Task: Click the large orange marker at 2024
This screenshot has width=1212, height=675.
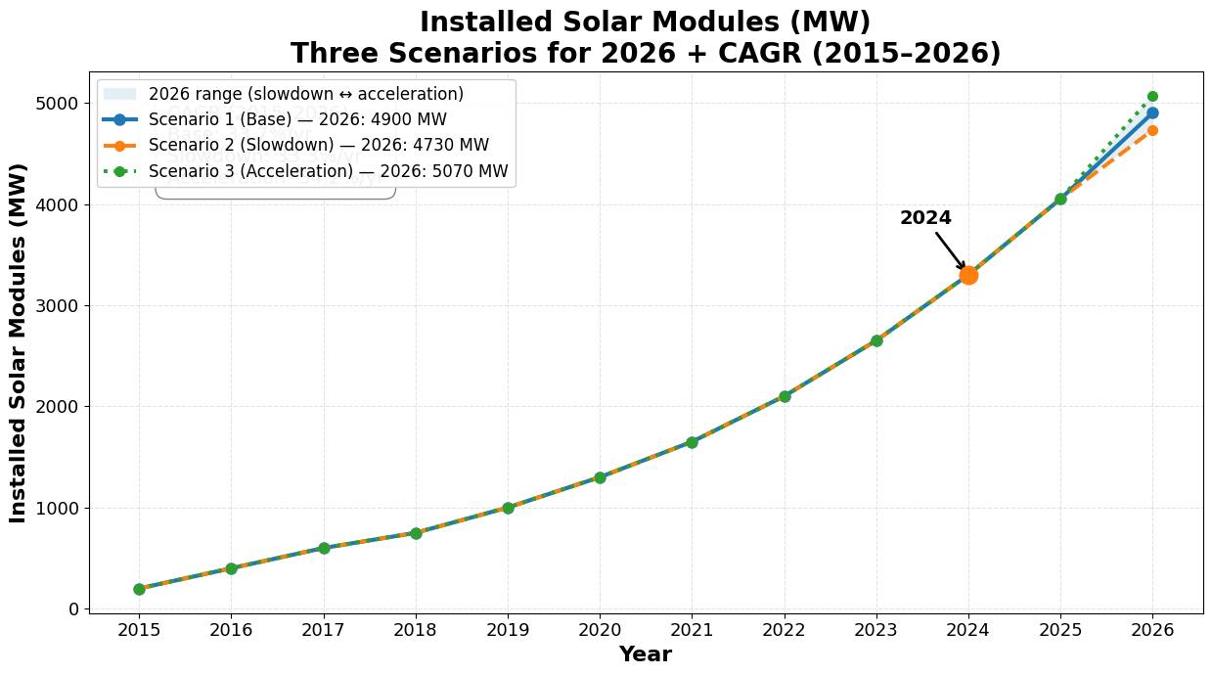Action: point(968,276)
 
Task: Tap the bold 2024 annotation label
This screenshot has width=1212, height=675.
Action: point(925,218)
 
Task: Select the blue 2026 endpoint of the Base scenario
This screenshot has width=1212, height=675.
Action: point(1152,112)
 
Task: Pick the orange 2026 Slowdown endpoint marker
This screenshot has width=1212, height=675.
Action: point(1152,130)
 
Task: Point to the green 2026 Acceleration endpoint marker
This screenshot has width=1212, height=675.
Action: point(1152,96)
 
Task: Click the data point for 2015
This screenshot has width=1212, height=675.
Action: point(139,589)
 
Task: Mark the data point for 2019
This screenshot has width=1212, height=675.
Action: point(508,508)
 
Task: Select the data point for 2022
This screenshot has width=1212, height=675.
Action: point(785,396)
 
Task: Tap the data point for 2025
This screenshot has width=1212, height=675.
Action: point(1060,199)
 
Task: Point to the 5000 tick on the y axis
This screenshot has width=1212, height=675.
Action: point(62,104)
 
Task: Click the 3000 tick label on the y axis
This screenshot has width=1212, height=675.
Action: point(62,306)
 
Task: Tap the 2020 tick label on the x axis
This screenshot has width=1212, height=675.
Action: point(600,630)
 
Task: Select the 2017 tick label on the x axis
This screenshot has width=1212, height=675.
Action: point(323,630)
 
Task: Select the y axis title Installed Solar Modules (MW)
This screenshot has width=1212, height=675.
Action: point(19,342)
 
